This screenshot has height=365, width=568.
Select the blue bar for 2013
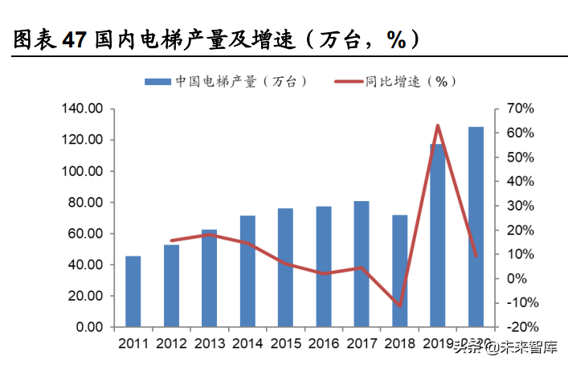coord(209,278)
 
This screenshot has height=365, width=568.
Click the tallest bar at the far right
coord(476,228)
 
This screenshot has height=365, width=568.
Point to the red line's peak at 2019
coord(438,125)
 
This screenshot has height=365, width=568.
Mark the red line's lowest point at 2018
coord(399,306)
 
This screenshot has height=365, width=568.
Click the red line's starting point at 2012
coord(171,240)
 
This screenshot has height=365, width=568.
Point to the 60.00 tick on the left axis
coord(84,233)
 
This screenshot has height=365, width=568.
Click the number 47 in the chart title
coord(76,39)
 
